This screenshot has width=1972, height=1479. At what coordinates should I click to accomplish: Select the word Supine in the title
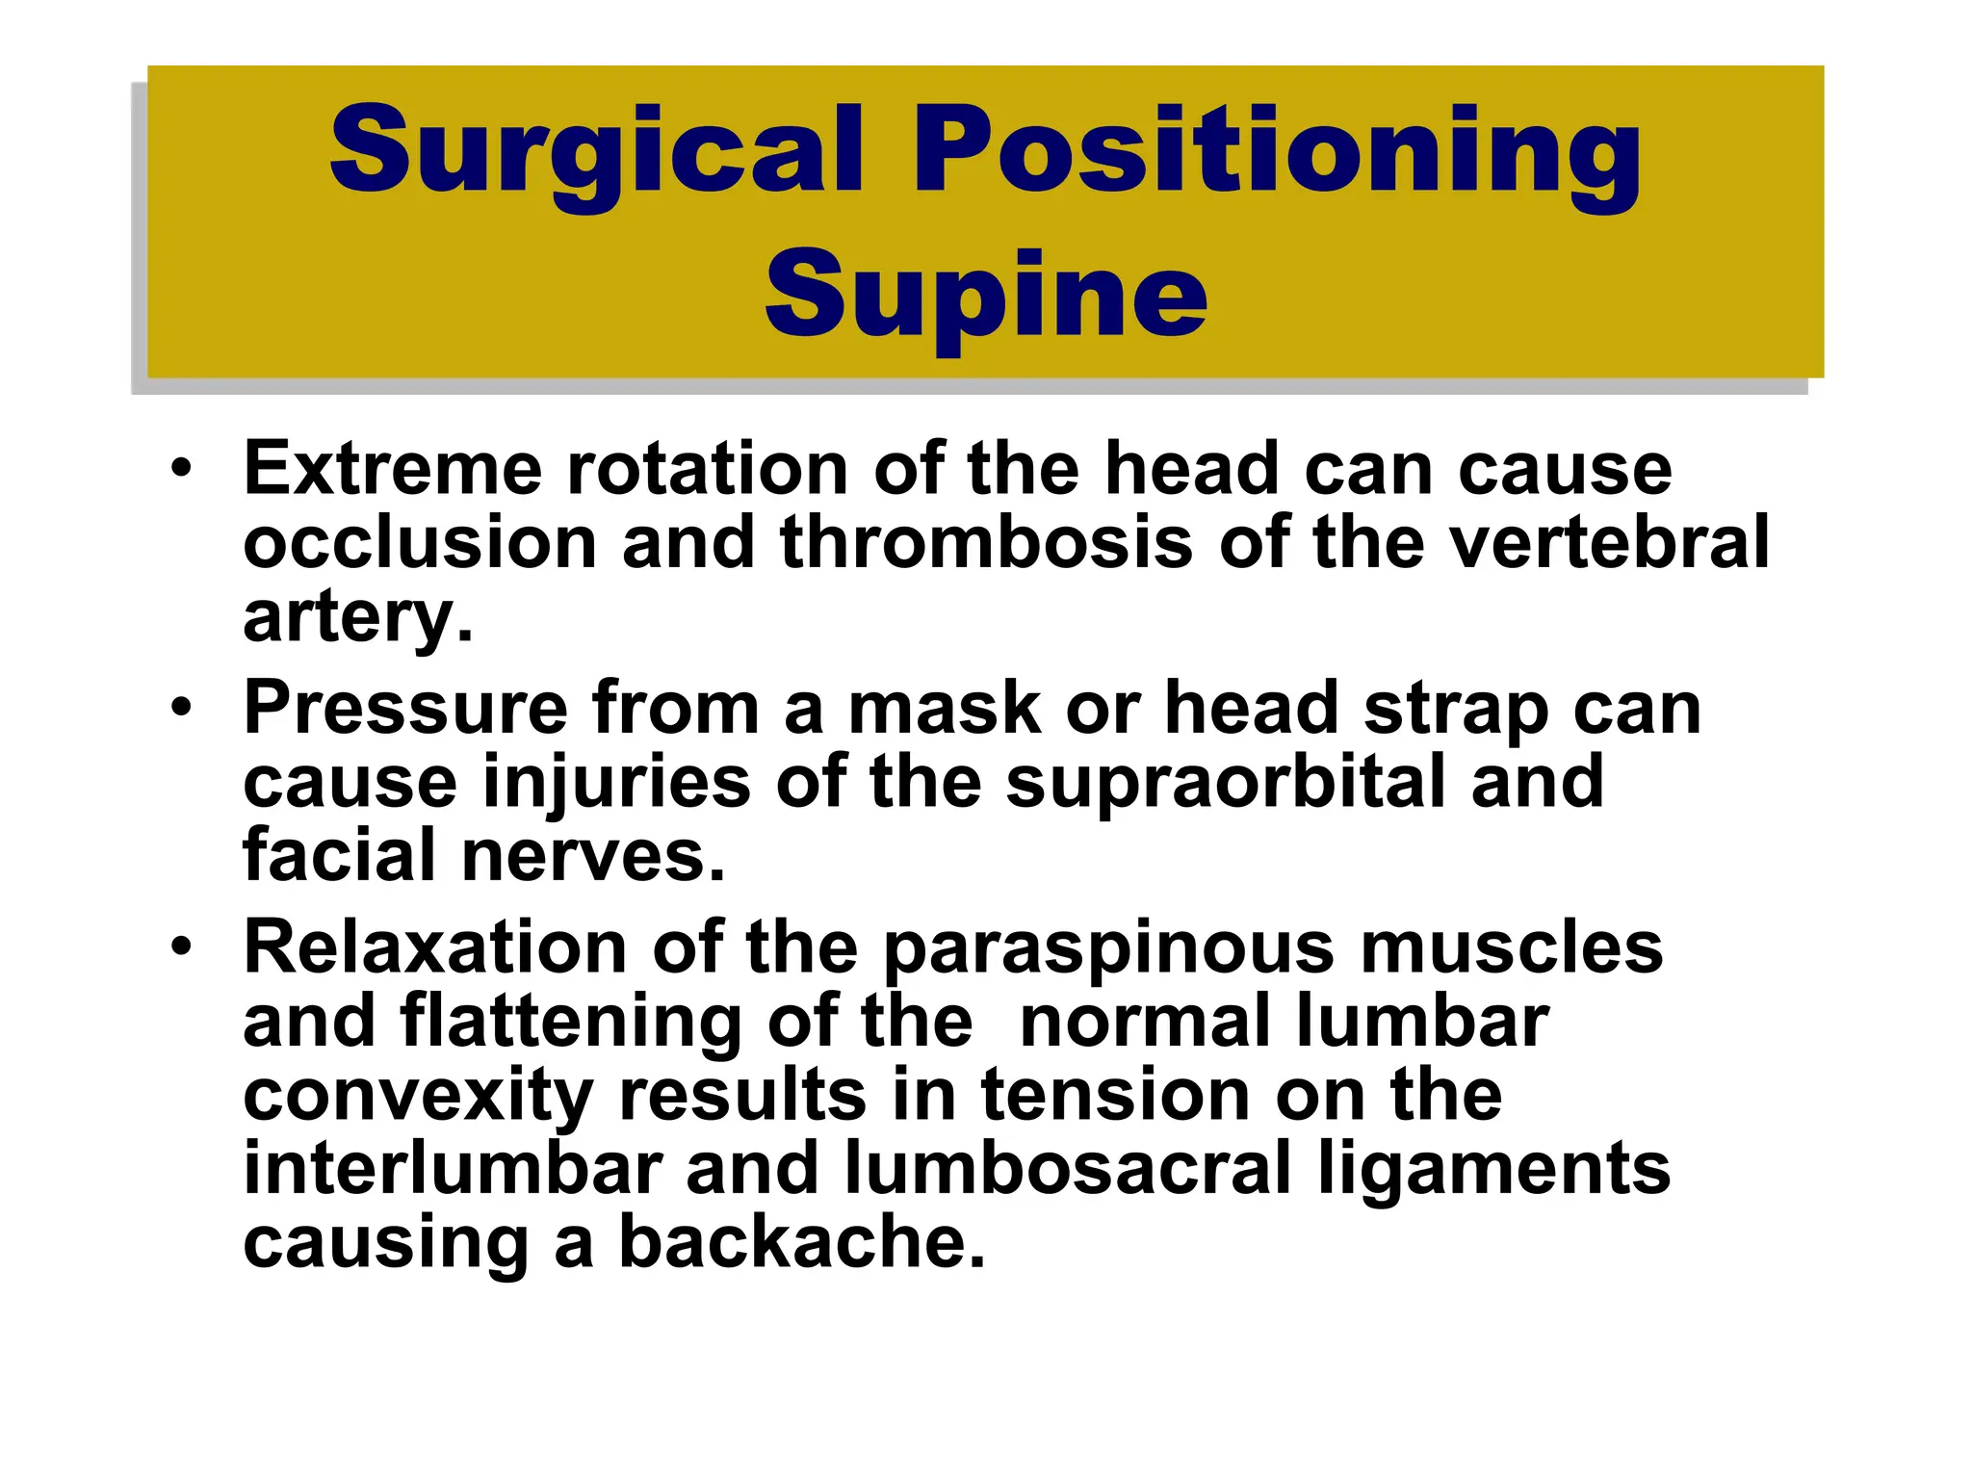pos(985,294)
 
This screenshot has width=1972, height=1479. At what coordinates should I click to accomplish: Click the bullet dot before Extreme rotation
pos(181,469)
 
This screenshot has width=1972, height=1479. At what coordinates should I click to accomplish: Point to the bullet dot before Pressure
pos(181,709)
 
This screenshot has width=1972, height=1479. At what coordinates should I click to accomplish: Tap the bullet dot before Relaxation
pos(181,947)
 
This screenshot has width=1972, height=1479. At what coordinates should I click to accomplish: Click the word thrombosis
pos(986,542)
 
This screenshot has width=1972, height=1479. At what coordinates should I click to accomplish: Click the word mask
pos(944,709)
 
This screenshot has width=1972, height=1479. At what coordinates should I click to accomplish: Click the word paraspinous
pos(1108,947)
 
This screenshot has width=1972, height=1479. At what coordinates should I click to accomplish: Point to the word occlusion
pos(420,542)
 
